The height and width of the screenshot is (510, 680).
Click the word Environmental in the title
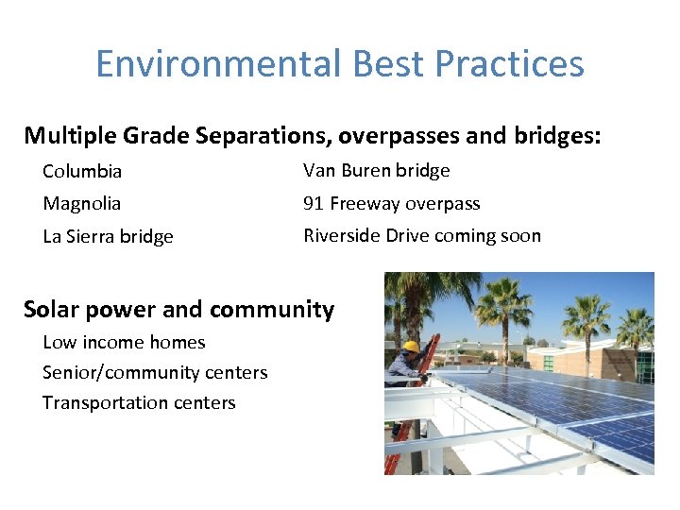coord(219,64)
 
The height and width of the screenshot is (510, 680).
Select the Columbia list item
coord(82,172)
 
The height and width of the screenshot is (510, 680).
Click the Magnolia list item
coord(82,204)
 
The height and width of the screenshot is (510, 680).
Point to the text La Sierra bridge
coord(108,237)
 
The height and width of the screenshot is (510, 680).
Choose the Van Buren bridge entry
coord(376,171)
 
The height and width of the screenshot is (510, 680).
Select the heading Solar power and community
coord(178,310)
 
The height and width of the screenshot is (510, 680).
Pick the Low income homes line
coord(124,343)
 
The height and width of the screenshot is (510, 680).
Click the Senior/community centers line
coord(155,373)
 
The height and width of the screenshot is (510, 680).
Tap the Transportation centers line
coord(139,403)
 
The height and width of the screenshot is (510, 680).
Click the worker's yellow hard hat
coord(411,347)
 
